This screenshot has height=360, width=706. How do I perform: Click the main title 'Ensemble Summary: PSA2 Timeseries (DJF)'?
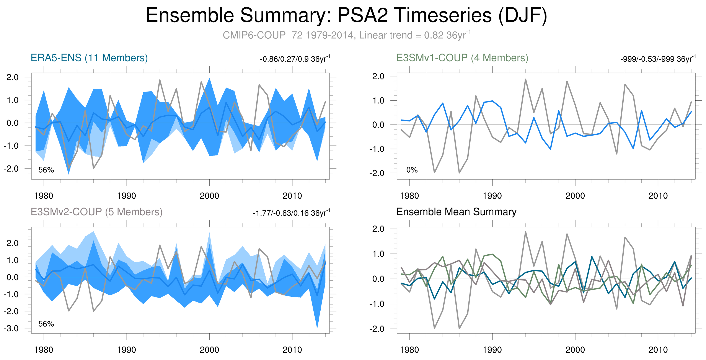346,15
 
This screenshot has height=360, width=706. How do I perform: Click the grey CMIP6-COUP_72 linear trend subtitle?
346,35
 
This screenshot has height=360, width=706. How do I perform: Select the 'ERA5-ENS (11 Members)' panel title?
89,58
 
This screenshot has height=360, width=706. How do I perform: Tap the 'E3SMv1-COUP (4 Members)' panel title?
462,58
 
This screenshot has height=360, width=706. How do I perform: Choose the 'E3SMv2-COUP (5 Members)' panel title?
96,212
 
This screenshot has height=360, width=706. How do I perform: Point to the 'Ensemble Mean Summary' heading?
456,212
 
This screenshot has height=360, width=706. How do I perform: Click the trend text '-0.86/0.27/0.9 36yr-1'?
295,59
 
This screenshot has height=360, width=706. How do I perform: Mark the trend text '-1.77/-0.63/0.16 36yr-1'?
291,213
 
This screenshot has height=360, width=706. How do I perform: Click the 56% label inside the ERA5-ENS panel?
46,170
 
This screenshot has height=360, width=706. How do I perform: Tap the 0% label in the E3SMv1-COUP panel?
412,170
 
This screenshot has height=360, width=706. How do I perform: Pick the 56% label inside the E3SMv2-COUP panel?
46,324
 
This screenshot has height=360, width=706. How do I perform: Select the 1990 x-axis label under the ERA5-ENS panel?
126,196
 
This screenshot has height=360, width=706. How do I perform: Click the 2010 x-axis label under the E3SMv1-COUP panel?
658,196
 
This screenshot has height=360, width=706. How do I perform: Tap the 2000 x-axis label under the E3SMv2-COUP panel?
209,350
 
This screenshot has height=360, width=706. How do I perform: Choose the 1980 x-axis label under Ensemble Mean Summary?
409,350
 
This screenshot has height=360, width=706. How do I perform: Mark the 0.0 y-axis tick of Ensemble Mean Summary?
378,279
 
